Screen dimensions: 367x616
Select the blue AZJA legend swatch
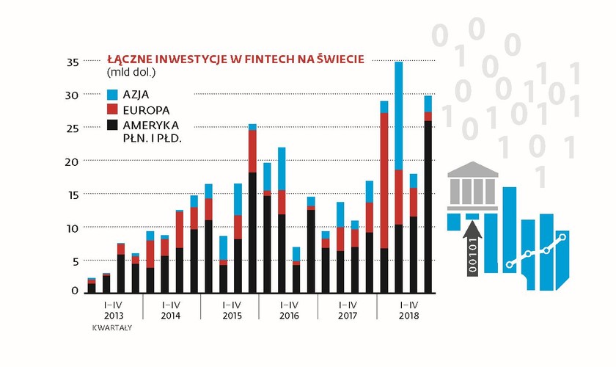click(113, 94)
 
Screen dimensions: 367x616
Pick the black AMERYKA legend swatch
click(113, 126)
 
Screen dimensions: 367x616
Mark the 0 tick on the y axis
click(75, 291)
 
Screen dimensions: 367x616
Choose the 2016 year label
click(288, 316)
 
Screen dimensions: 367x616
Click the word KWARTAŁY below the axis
click(111, 327)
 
